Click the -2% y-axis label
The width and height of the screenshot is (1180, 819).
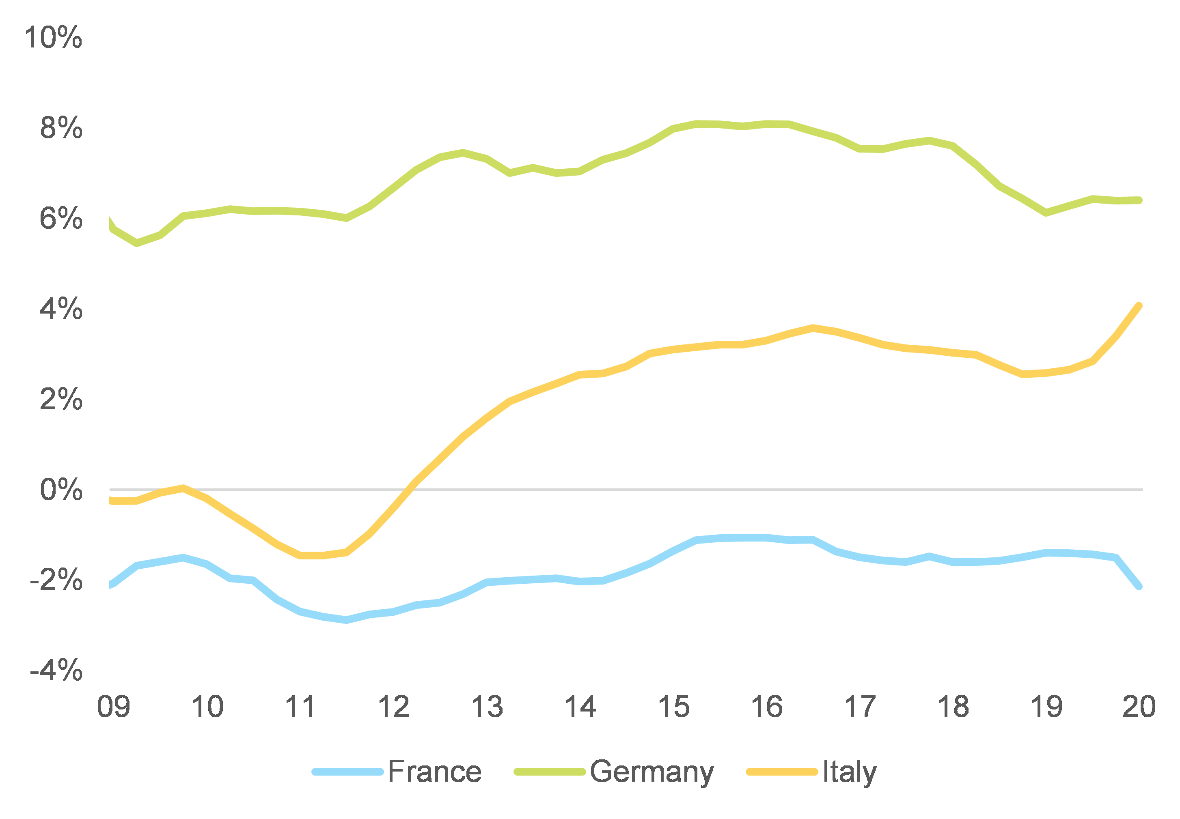(56, 580)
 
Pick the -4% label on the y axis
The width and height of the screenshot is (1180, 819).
(56, 671)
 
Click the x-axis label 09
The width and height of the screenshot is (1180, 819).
(114, 707)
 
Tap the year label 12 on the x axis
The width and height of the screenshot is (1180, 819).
(393, 707)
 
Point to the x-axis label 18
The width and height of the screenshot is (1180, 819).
(953, 707)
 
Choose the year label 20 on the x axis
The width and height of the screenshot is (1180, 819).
(1139, 707)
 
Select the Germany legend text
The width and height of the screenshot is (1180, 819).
(651, 772)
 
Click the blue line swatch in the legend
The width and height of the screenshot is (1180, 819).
(347, 772)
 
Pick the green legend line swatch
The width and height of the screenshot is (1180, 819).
(550, 772)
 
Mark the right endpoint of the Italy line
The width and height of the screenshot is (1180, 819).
(1139, 306)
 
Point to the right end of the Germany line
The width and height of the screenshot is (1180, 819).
(1139, 200)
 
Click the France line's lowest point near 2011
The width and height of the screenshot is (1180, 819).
(347, 620)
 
